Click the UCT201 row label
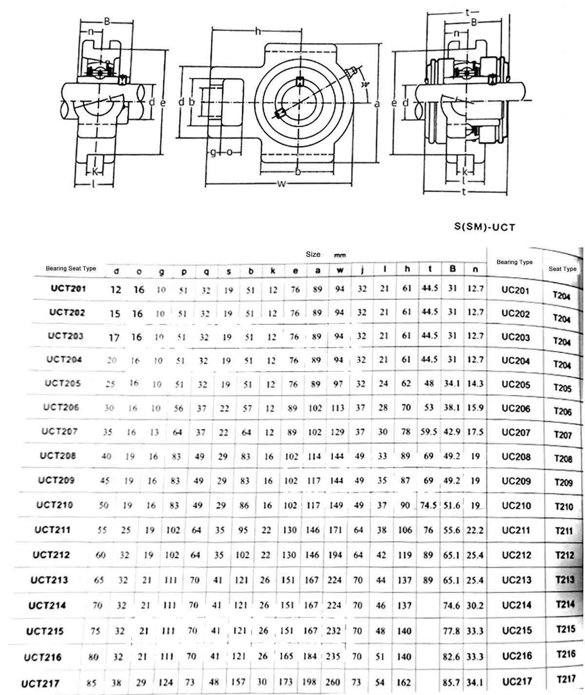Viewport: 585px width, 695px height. [68, 288]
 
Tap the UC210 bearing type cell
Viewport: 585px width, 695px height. [516, 506]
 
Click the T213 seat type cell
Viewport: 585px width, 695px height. [565, 580]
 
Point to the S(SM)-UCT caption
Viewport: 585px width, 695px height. [485, 227]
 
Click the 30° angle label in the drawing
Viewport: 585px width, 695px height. [365, 84]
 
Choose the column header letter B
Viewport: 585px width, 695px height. [453, 268]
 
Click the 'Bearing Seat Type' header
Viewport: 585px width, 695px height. [71, 268]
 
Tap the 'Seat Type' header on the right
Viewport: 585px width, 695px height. [563, 269]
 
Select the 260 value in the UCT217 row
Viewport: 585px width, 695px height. [333, 681]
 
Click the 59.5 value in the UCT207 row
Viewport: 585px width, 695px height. [429, 432]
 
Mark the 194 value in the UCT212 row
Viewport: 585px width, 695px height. [335, 555]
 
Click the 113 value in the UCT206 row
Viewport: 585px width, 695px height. [338, 408]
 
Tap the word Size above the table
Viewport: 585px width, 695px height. [313, 254]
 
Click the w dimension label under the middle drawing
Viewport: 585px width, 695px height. [281, 184]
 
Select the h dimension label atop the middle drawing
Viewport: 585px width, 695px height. [258, 32]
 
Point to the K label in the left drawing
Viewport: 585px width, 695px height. [96, 171]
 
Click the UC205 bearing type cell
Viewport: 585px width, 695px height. [516, 384]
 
